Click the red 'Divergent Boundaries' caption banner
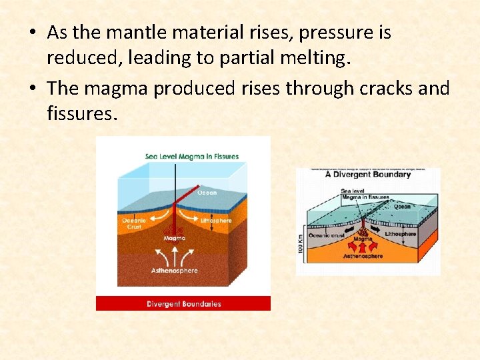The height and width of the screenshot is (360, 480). coord(183,304)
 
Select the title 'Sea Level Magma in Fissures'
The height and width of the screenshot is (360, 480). coord(192,157)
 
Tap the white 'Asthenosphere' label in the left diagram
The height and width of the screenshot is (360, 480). coord(175,271)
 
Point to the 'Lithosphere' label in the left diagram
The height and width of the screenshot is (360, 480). coord(216,220)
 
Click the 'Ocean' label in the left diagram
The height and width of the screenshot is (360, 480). coord(207,193)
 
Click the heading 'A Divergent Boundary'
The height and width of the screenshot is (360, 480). coord(367,175)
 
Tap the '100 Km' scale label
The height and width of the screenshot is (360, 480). coord(301,241)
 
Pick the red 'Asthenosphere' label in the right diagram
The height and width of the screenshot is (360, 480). coord(363,256)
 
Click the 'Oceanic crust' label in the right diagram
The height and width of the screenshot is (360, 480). coord(326,235)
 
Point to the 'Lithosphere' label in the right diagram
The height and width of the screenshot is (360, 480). coord(401,234)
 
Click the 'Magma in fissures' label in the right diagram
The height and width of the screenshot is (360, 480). coord(365,197)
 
